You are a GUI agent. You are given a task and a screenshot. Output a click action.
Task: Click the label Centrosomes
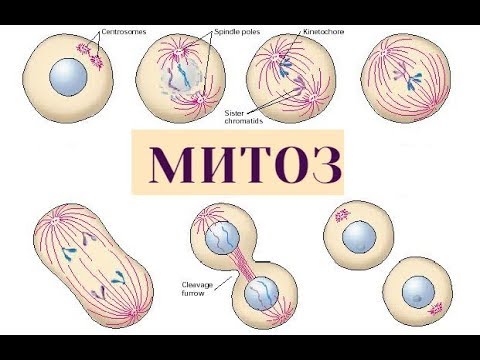coord(123,31)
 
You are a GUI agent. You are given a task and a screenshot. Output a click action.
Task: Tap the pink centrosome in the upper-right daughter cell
coord(340,214)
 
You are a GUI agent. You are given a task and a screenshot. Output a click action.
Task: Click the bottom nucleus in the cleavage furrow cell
coord(263,292)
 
